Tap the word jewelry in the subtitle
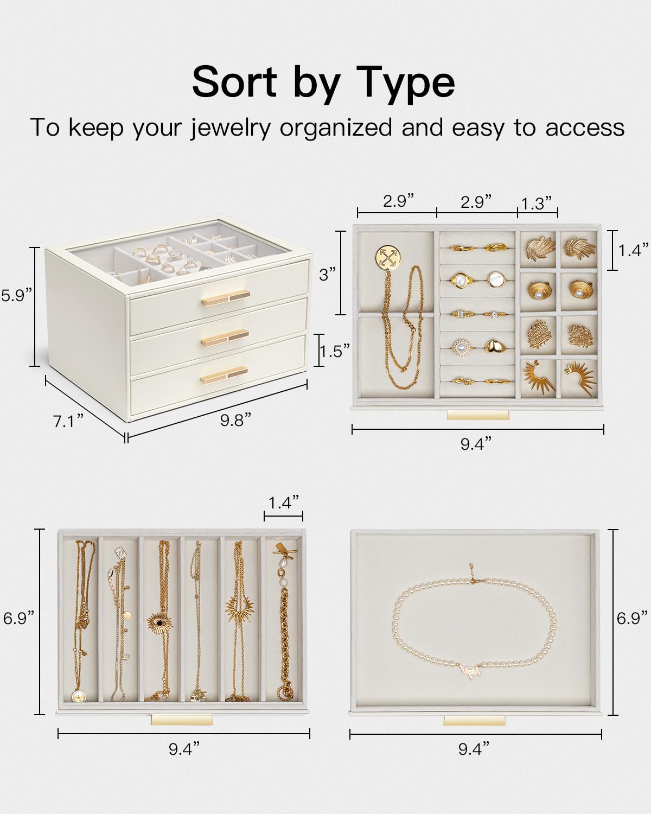click(x=230, y=128)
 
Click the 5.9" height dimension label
click(x=17, y=295)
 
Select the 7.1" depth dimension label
click(x=68, y=421)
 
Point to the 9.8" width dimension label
click(x=235, y=420)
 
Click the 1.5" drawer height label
click(x=335, y=351)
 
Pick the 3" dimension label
click(x=327, y=275)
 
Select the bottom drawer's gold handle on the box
click(x=225, y=375)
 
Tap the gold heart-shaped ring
click(x=494, y=346)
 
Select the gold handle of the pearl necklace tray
click(x=474, y=721)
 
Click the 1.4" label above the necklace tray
click(x=284, y=503)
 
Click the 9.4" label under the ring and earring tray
click(x=476, y=444)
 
